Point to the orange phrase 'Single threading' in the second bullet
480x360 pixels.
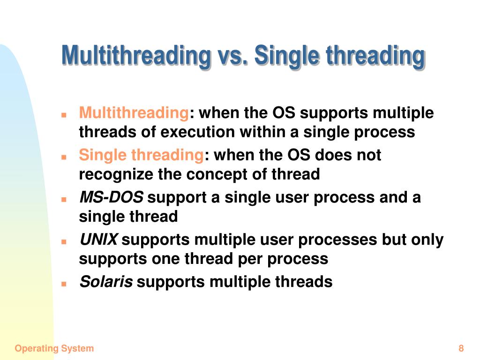142,155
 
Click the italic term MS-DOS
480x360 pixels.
111,197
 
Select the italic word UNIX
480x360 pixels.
98,240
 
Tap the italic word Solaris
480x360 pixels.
106,282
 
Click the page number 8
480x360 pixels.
461,348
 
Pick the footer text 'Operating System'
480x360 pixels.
54,349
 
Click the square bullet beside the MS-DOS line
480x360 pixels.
64,200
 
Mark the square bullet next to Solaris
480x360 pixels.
64,284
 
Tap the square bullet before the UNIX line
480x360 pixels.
64,241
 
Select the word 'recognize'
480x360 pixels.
116,175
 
